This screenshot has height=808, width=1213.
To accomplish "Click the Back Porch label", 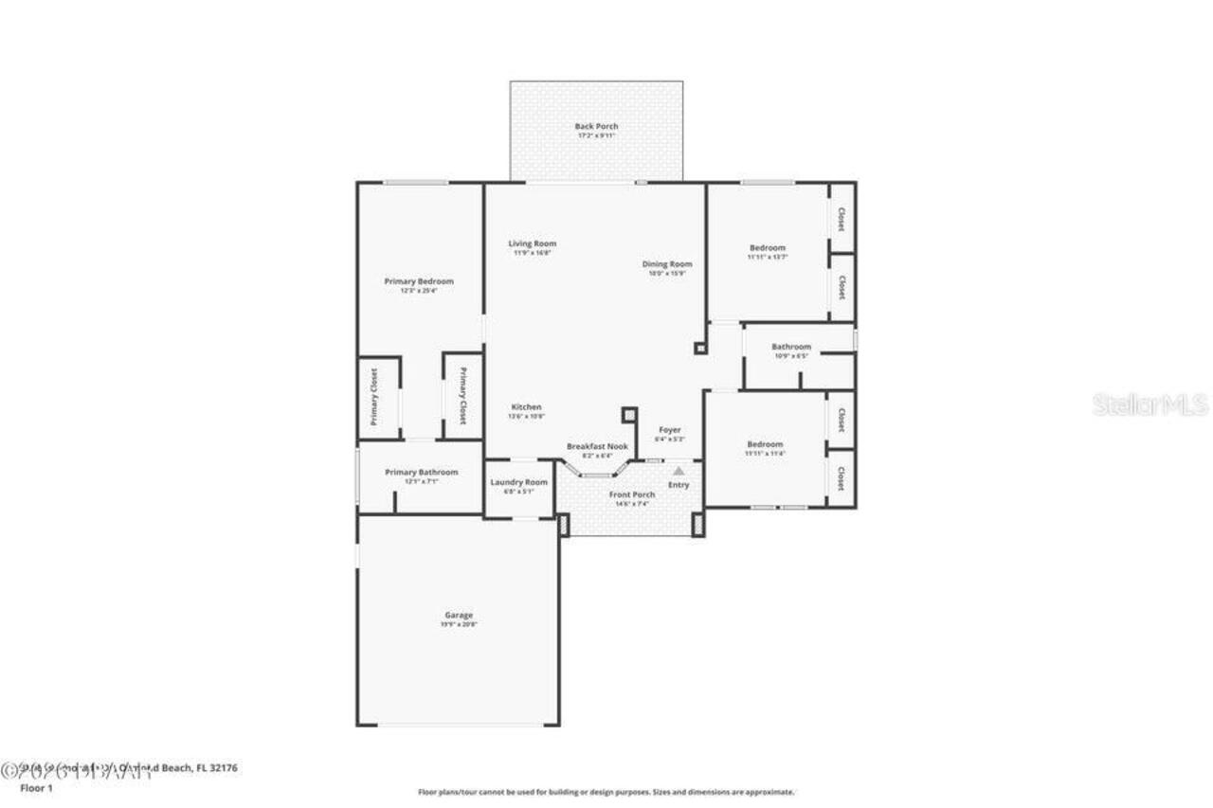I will click(596, 126).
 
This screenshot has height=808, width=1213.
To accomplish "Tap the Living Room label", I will click(532, 243).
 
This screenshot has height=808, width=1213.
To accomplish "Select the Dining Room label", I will click(667, 264).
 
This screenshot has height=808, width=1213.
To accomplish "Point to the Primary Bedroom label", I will click(418, 281).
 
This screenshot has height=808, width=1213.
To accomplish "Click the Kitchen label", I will click(525, 407).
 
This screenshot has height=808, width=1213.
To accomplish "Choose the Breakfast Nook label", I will click(597, 446).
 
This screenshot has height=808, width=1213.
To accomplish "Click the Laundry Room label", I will click(518, 482).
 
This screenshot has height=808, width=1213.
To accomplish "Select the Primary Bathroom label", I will click(421, 472).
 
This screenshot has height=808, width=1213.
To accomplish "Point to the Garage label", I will click(459, 615).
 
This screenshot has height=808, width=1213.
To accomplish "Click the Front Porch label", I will click(631, 494).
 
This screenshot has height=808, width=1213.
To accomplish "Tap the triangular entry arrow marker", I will click(679, 470).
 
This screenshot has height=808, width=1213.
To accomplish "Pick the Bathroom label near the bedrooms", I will click(790, 347).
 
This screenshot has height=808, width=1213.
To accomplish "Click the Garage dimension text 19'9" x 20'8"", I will click(459, 624).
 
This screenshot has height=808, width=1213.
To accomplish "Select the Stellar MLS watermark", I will click(1150, 404).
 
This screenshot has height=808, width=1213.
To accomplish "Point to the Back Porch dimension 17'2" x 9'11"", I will click(596, 135).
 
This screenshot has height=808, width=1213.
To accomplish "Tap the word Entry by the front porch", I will click(679, 485).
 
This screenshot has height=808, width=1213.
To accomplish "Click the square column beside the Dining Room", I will click(700, 348).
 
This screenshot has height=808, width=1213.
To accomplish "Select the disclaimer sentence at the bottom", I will click(606, 792).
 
